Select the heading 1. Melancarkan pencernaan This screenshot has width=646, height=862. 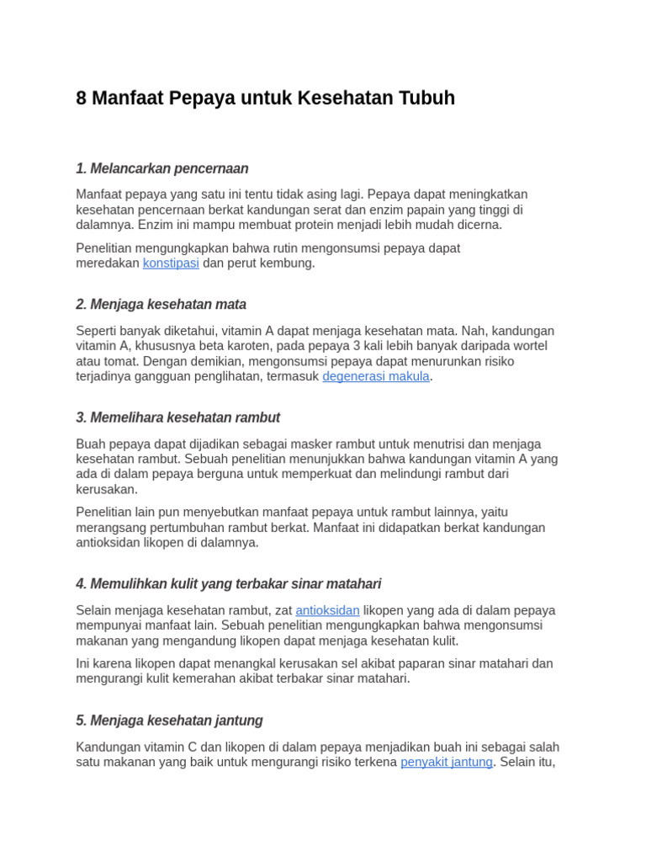[x=161, y=168]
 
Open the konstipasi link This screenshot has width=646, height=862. [x=171, y=263]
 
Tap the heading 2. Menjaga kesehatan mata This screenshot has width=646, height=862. [x=161, y=305]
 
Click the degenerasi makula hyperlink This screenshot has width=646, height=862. [x=376, y=376]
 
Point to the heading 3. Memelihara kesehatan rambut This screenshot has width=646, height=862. [x=177, y=418]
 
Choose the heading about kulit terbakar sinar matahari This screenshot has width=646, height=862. [x=228, y=583]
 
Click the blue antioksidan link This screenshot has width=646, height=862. [x=327, y=610]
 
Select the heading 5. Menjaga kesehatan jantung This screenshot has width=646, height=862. [x=169, y=721]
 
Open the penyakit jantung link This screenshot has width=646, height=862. [x=446, y=763]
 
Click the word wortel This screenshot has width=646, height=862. [x=528, y=346]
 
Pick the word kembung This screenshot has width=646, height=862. [x=289, y=263]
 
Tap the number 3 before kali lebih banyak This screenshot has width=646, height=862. [x=356, y=346]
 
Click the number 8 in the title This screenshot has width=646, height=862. [x=82, y=98]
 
